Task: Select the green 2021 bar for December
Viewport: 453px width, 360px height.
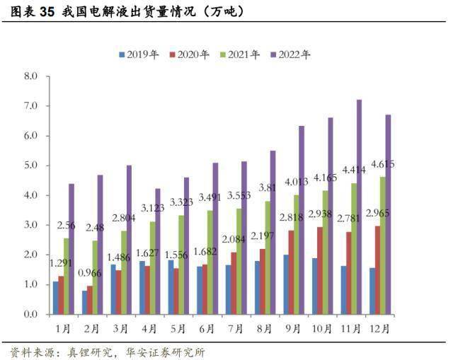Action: point(382,245)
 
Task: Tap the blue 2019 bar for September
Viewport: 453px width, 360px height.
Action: point(285,284)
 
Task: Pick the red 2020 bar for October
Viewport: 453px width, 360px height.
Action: point(321,270)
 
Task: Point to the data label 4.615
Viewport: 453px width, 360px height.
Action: point(382,164)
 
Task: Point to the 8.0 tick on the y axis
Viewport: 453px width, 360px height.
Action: point(30,76)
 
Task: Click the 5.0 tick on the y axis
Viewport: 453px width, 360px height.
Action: point(30,166)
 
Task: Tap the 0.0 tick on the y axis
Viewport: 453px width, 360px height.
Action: point(30,314)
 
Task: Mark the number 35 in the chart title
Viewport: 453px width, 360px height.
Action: point(46,11)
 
